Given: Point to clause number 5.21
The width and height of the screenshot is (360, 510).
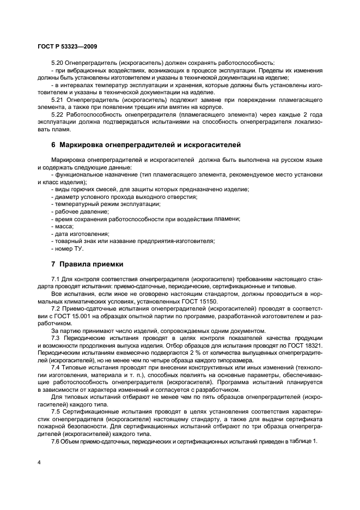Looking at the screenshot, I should pyautogui.click(x=57, y=100).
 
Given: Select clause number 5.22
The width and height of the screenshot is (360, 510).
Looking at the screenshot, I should pyautogui.click(x=57, y=115).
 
